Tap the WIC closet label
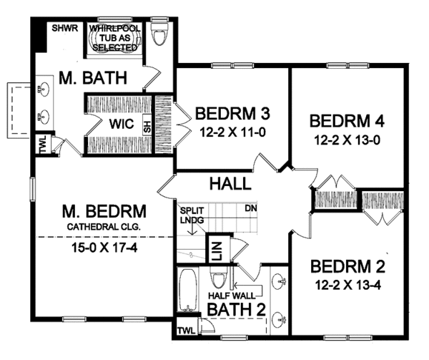[119, 123]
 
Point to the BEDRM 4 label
[345, 120]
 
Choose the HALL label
[230, 184]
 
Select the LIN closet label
[214, 252]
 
